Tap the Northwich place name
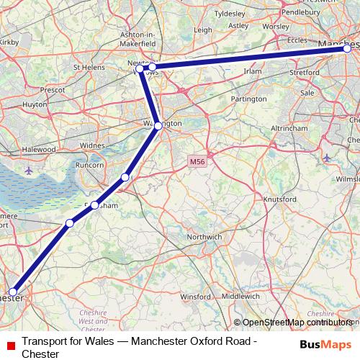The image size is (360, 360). click(x=204, y=236)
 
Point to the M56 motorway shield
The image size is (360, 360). click(x=198, y=163)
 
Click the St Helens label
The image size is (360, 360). click(x=89, y=68)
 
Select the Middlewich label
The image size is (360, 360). click(x=241, y=296)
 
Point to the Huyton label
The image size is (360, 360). click(x=35, y=104)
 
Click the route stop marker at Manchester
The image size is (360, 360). click(x=347, y=48)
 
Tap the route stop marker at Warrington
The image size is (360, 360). click(x=158, y=126)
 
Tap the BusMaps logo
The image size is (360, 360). click(x=325, y=343)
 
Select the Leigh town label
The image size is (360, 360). click(x=202, y=30)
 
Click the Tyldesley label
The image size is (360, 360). click(x=230, y=13)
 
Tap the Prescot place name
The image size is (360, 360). click(x=53, y=90)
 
